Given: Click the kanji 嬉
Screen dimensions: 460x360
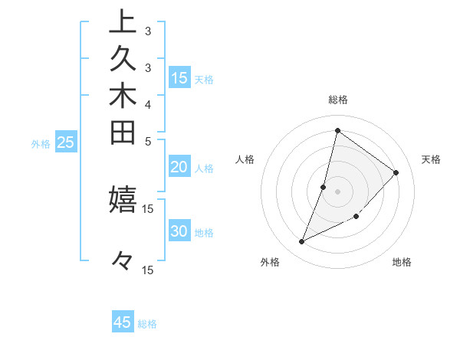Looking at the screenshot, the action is click(x=123, y=198).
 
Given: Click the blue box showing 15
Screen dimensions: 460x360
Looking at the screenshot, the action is click(x=179, y=77).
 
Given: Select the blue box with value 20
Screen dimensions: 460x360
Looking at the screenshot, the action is click(x=179, y=168).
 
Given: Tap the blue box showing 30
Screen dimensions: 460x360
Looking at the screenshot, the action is click(x=179, y=232).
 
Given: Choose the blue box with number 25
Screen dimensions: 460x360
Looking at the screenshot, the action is click(x=65, y=142).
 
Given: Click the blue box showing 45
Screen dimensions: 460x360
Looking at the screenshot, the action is click(x=123, y=322).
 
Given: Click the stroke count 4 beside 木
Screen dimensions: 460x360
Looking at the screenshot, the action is click(x=147, y=104).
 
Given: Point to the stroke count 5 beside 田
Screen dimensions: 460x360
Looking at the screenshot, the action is click(x=147, y=141).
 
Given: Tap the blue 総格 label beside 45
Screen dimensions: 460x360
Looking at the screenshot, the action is click(x=147, y=324).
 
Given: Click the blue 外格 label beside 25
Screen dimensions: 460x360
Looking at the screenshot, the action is click(x=41, y=143).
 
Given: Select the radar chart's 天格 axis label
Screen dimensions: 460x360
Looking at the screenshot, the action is click(x=431, y=159).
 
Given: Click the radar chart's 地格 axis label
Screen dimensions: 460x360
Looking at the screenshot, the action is click(x=402, y=262).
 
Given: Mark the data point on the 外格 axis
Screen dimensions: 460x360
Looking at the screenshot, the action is click(x=302, y=242).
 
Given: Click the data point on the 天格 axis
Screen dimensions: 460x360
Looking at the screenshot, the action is click(x=396, y=172).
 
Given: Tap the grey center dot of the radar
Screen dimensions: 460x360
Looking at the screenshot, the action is click(x=337, y=191).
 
